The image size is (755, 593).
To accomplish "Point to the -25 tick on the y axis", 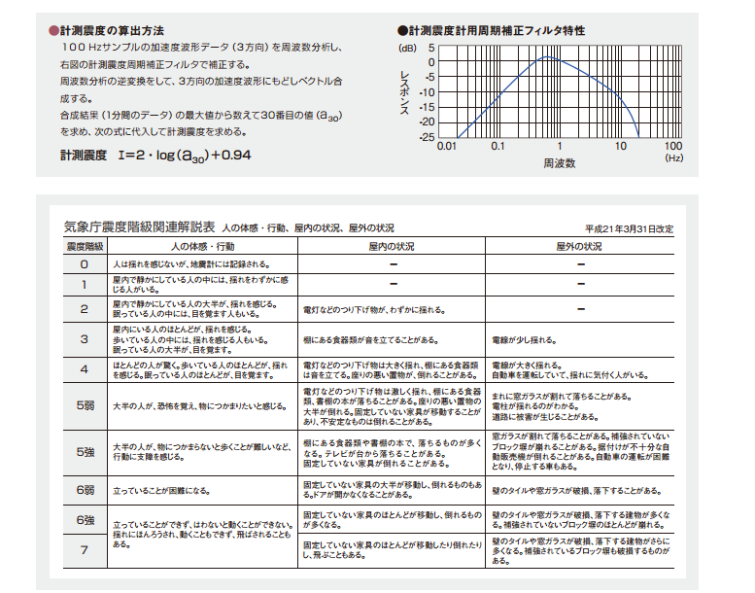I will pos(428,137).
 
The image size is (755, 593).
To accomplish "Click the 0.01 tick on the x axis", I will pos(447,147).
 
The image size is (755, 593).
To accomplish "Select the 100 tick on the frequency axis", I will pos(672,147).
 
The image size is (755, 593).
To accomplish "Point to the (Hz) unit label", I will pos(674,157).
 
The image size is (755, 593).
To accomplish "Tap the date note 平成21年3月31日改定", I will pos(629,229).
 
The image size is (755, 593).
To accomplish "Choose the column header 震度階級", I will pos(84,247).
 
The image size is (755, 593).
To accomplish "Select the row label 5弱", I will pos(84,404).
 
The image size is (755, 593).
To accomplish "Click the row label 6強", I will pos(84,520).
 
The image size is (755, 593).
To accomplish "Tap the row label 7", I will pos(84,550).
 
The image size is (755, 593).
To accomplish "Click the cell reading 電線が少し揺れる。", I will pos(526,339).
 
